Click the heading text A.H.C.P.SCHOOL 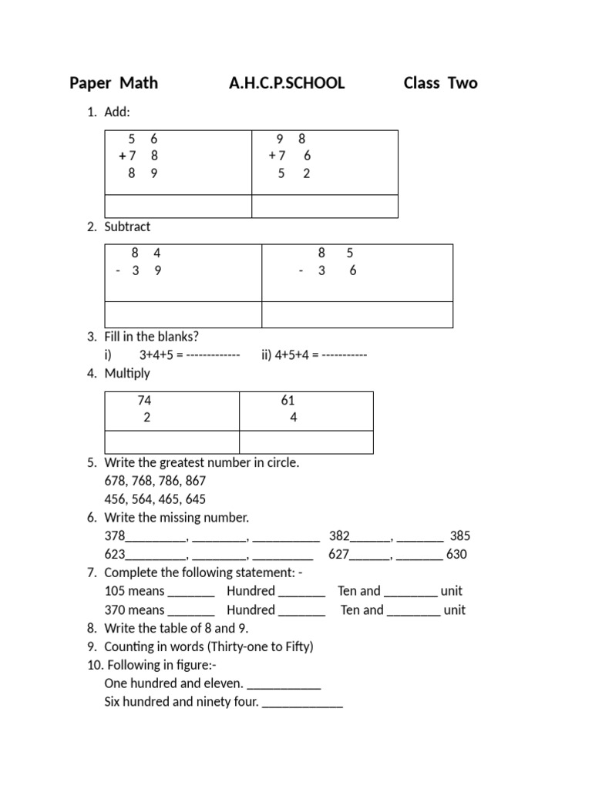287,83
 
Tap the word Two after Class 461,83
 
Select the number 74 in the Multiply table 145,400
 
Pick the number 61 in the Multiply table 288,400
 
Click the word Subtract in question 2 127,227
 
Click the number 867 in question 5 195,481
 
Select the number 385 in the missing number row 460,536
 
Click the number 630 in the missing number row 456,554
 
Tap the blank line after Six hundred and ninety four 302,703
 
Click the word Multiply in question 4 127,374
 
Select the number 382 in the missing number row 340,536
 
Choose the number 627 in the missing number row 339,554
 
